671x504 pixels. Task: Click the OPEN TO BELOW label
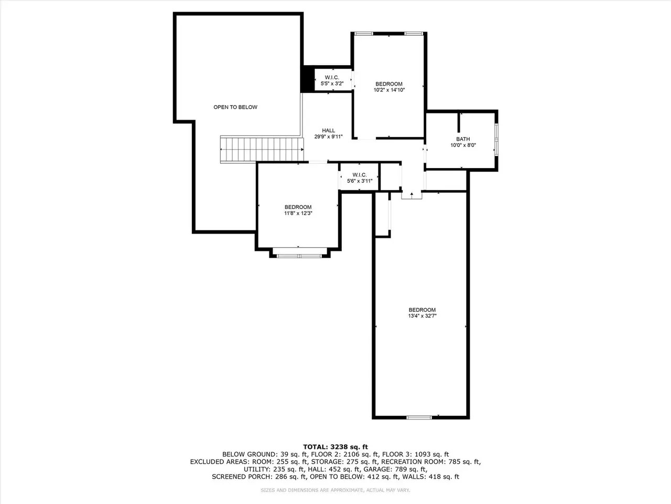pos(235,107)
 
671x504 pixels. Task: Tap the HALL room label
pos(328,131)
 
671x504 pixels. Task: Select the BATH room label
pos(463,139)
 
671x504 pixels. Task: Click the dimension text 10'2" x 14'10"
pos(389,90)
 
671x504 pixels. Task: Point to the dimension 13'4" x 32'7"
pos(422,316)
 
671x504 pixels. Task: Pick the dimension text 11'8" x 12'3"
pos(298,213)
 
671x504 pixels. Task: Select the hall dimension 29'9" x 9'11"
pos(328,137)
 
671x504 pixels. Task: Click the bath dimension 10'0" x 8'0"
pos(463,145)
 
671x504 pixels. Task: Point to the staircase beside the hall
pos(262,149)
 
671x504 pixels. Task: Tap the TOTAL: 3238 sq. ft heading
pos(335,447)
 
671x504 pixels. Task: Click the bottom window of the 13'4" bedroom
pos(419,418)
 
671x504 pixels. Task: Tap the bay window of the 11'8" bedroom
pos(299,256)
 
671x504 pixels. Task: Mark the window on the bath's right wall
pos(496,139)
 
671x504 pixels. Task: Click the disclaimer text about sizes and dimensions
pos(335,490)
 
